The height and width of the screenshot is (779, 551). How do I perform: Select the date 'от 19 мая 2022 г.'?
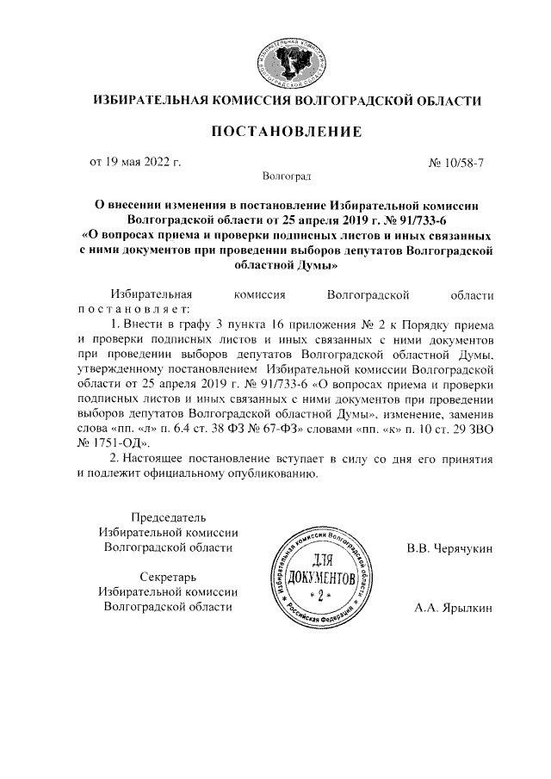(x=135, y=161)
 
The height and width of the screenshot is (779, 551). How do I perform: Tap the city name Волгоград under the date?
(x=287, y=176)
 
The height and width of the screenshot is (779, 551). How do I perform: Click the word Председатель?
(x=168, y=517)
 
